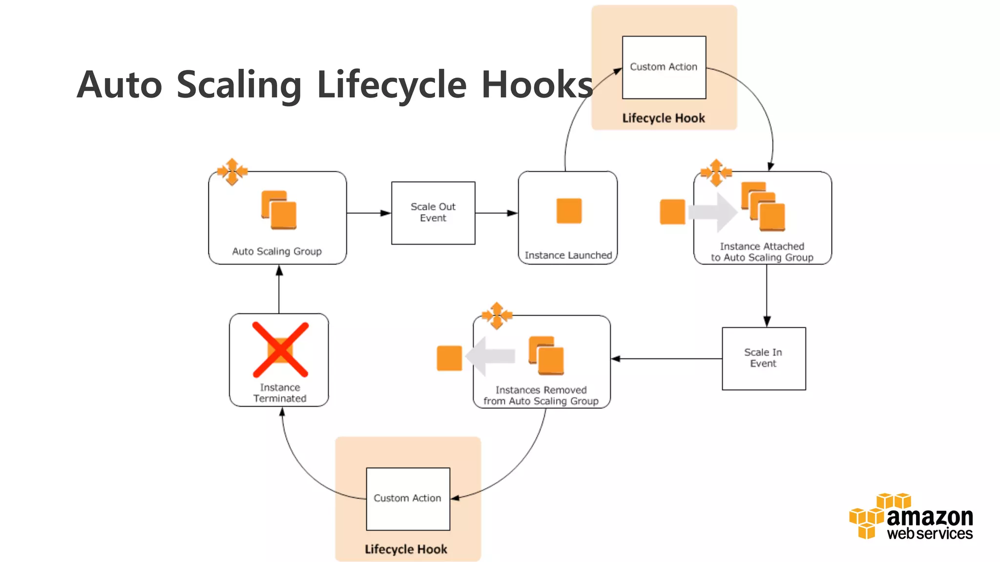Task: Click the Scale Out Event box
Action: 433,213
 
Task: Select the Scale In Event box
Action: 764,358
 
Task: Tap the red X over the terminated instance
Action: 280,349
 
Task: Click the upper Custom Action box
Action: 664,67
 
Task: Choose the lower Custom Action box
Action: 408,499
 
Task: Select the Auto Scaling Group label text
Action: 277,251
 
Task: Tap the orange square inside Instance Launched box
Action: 569,211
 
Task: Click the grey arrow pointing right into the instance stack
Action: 712,212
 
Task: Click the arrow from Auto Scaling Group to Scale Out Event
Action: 369,213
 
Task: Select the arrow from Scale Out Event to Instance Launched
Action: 496,213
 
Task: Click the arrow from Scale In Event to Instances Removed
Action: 666,359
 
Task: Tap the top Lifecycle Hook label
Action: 664,118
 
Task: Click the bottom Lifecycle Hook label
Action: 406,549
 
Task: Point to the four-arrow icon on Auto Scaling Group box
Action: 232,172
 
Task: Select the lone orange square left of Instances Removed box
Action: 449,358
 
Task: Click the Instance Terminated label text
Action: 280,393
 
